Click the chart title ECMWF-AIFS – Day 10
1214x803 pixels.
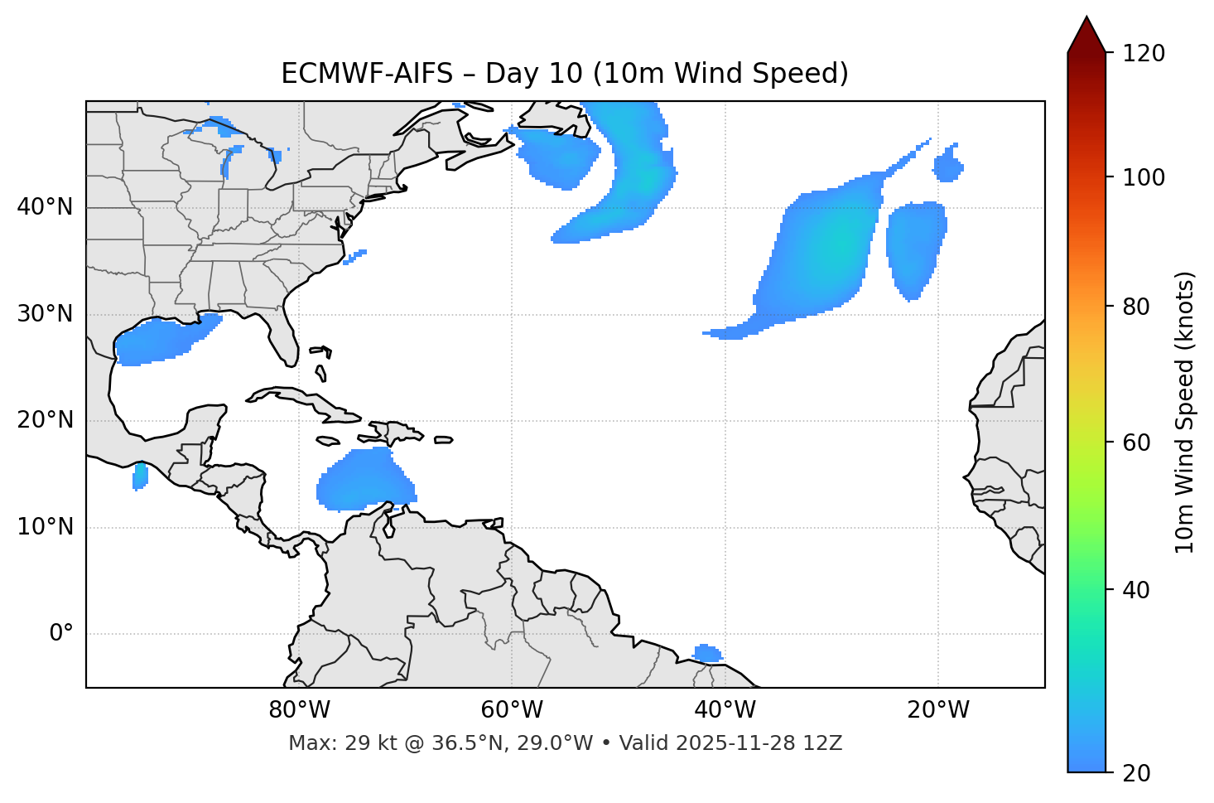(565, 74)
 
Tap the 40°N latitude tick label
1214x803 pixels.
(45, 207)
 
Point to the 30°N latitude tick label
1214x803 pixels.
(45, 314)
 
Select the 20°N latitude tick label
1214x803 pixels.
(45, 420)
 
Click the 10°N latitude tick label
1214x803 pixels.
(45, 527)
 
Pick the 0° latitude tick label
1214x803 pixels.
(61, 634)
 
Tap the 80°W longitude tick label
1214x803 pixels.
(299, 710)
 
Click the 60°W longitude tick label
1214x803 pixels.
(512, 710)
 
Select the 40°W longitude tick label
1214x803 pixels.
(725, 710)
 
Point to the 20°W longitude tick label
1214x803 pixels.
(937, 710)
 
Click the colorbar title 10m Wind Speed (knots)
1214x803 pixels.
(1185, 412)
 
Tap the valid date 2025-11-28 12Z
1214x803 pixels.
(759, 743)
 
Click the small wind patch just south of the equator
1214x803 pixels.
(706, 653)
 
